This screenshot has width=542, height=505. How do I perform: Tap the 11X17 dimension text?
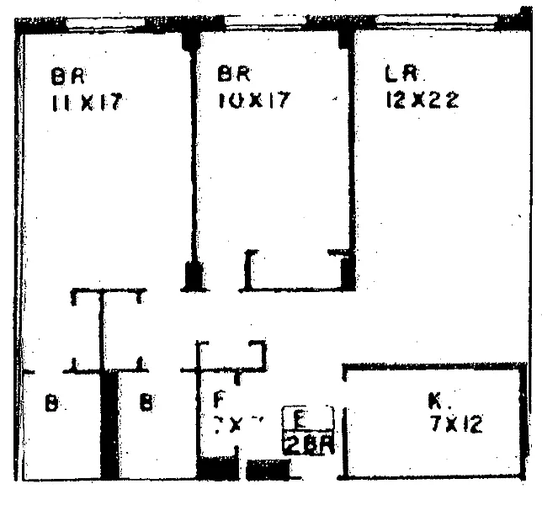[87, 104]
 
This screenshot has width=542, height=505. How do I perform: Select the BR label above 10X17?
[230, 74]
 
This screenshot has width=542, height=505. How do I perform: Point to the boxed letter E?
[299, 417]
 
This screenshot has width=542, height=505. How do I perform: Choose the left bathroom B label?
[50, 404]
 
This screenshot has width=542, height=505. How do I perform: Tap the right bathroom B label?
[146, 404]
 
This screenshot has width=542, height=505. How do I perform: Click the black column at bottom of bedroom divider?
[194, 274]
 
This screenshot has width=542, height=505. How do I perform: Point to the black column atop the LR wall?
[346, 36]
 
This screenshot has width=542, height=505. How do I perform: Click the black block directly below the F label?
[217, 468]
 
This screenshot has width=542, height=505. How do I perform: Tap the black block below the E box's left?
[269, 470]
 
